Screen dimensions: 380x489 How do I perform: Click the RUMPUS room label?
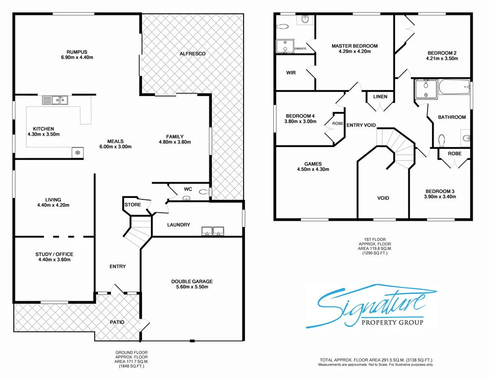(x=77, y=51)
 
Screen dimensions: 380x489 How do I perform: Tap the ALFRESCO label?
(x=193, y=53)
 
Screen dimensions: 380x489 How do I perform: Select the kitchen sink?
(x=55, y=100)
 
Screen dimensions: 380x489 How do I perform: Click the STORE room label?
(x=133, y=205)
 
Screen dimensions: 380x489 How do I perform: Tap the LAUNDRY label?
(x=178, y=225)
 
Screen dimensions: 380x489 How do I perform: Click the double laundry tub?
(x=213, y=231)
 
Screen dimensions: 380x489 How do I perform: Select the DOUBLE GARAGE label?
(x=192, y=282)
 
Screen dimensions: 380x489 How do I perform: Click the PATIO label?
(x=117, y=322)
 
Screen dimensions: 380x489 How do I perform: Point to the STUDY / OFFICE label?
(x=54, y=255)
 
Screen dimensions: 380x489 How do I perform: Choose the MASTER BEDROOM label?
(x=354, y=46)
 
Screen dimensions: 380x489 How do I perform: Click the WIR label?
(x=291, y=72)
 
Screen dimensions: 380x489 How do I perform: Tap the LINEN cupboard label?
(x=380, y=96)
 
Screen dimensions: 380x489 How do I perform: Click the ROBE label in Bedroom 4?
(x=338, y=124)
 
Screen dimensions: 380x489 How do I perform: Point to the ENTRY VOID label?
(x=360, y=125)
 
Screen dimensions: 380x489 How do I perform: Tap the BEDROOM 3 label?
(x=440, y=191)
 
